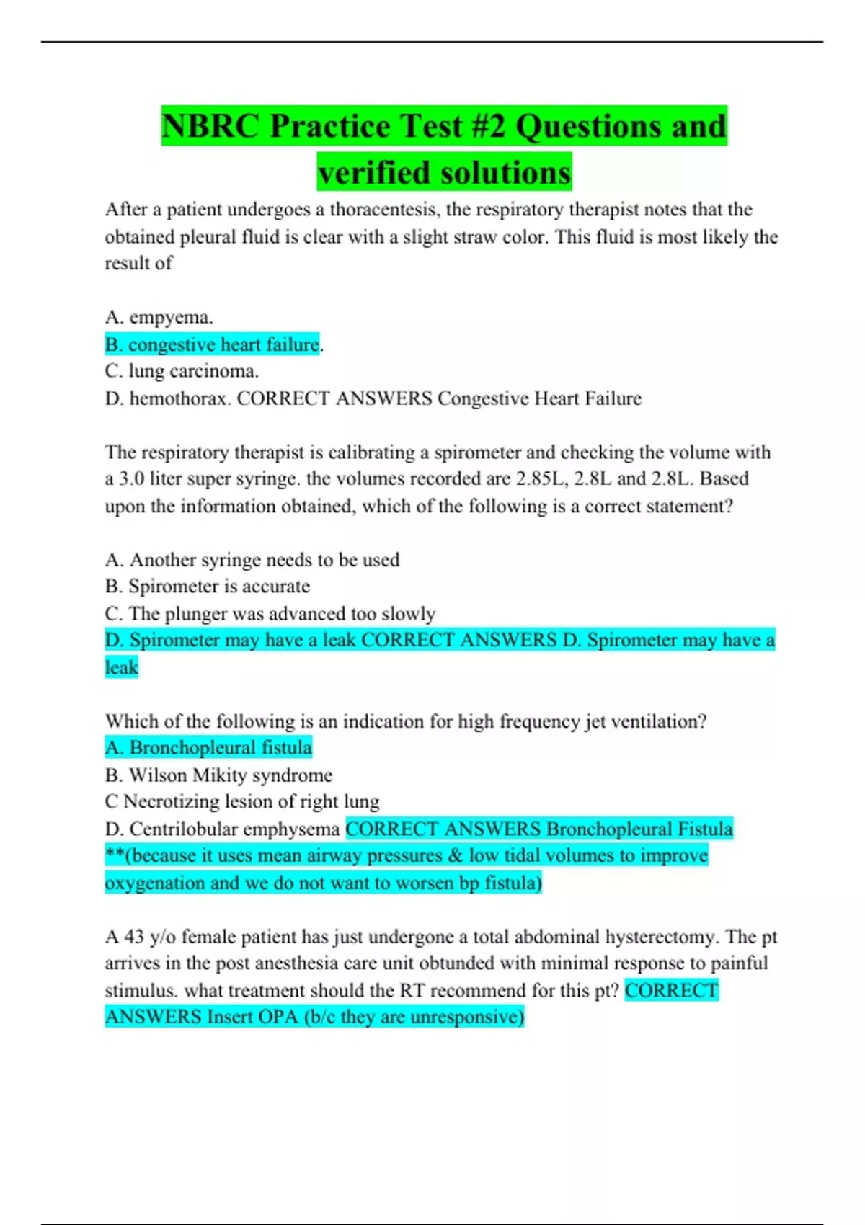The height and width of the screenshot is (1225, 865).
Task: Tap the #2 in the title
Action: tap(487, 127)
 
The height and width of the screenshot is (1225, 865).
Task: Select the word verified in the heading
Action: tap(374, 173)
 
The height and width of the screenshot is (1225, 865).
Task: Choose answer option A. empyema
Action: tap(159, 317)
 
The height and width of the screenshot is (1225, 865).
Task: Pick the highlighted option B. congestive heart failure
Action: tap(213, 344)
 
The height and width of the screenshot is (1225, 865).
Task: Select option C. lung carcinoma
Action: tap(182, 371)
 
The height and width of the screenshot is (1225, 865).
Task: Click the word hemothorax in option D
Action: tap(179, 398)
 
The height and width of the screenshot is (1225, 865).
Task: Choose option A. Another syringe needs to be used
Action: tap(252, 560)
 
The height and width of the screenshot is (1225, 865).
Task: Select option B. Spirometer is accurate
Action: tap(207, 587)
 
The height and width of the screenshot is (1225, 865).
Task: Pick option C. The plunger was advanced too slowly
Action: tap(270, 614)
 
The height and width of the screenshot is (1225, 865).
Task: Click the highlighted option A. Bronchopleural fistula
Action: tap(208, 748)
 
